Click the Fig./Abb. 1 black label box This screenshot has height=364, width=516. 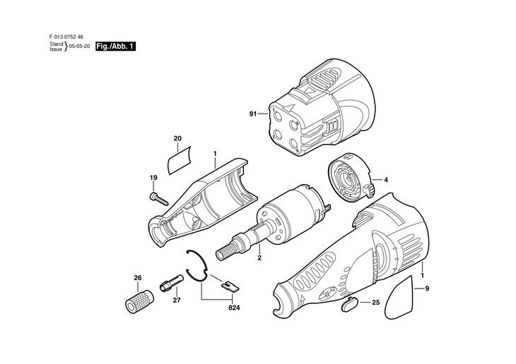pos(115,47)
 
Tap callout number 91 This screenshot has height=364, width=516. pos(253,113)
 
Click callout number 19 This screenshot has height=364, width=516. pos(152,177)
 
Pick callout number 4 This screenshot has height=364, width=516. pos(386,180)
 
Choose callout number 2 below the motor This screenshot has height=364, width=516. pos(259,258)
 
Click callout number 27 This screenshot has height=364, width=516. pos(177,300)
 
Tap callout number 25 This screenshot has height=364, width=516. pos(375,302)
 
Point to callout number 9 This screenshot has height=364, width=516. pos(427,288)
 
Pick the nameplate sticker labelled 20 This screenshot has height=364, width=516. pos(179,160)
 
